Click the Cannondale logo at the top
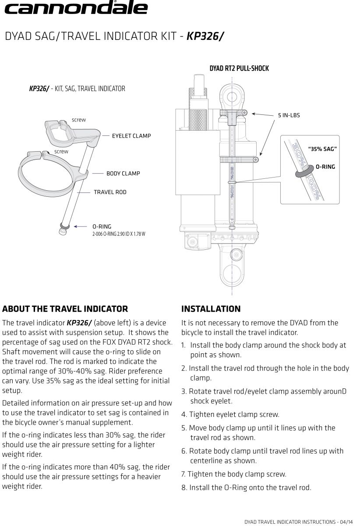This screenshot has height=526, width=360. [x=76, y=7]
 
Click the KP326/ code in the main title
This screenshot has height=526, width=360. [x=205, y=36]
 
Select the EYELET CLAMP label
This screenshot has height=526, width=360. [x=131, y=136]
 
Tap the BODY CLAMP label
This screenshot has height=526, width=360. [x=123, y=173]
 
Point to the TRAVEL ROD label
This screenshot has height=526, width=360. [x=110, y=192]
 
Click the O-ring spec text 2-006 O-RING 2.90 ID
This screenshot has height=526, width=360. [x=119, y=234]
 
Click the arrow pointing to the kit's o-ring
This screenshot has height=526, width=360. [x=80, y=226]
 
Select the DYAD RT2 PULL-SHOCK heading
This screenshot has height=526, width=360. [x=239, y=68]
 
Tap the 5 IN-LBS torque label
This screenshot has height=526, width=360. [x=289, y=115]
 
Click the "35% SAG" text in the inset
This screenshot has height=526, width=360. [x=322, y=149]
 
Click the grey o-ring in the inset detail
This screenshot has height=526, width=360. [x=304, y=171]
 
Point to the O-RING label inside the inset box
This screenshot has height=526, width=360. [x=325, y=167]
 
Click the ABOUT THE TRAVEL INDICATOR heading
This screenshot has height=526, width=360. [x=65, y=309]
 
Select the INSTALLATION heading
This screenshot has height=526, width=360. [x=211, y=309]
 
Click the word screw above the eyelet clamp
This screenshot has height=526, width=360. [x=79, y=120]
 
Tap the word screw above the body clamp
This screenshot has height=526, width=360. [x=61, y=152]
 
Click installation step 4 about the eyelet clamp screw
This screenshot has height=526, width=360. [x=230, y=415]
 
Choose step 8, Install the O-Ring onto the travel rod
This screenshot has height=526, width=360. [x=247, y=488]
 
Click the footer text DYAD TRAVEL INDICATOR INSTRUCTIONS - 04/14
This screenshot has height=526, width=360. [x=299, y=522]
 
